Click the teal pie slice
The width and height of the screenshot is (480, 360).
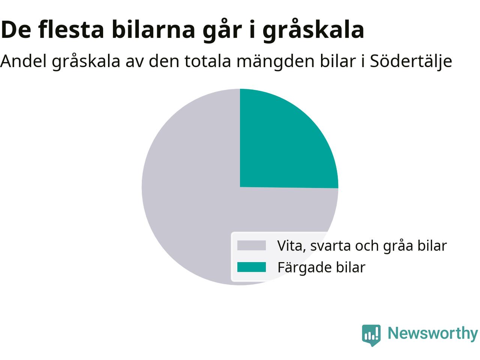(282, 144)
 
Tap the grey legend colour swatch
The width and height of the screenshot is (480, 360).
(252, 245)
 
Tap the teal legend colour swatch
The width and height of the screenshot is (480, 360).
(252, 267)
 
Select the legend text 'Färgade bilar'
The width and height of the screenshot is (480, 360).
(321, 267)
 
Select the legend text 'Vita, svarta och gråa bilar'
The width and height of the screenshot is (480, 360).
(362, 246)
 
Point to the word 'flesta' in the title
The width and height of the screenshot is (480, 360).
(71, 30)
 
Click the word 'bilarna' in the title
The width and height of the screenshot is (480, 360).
(153, 30)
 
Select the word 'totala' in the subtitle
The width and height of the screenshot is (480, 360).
(208, 61)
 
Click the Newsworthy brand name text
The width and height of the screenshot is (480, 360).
(433, 334)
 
